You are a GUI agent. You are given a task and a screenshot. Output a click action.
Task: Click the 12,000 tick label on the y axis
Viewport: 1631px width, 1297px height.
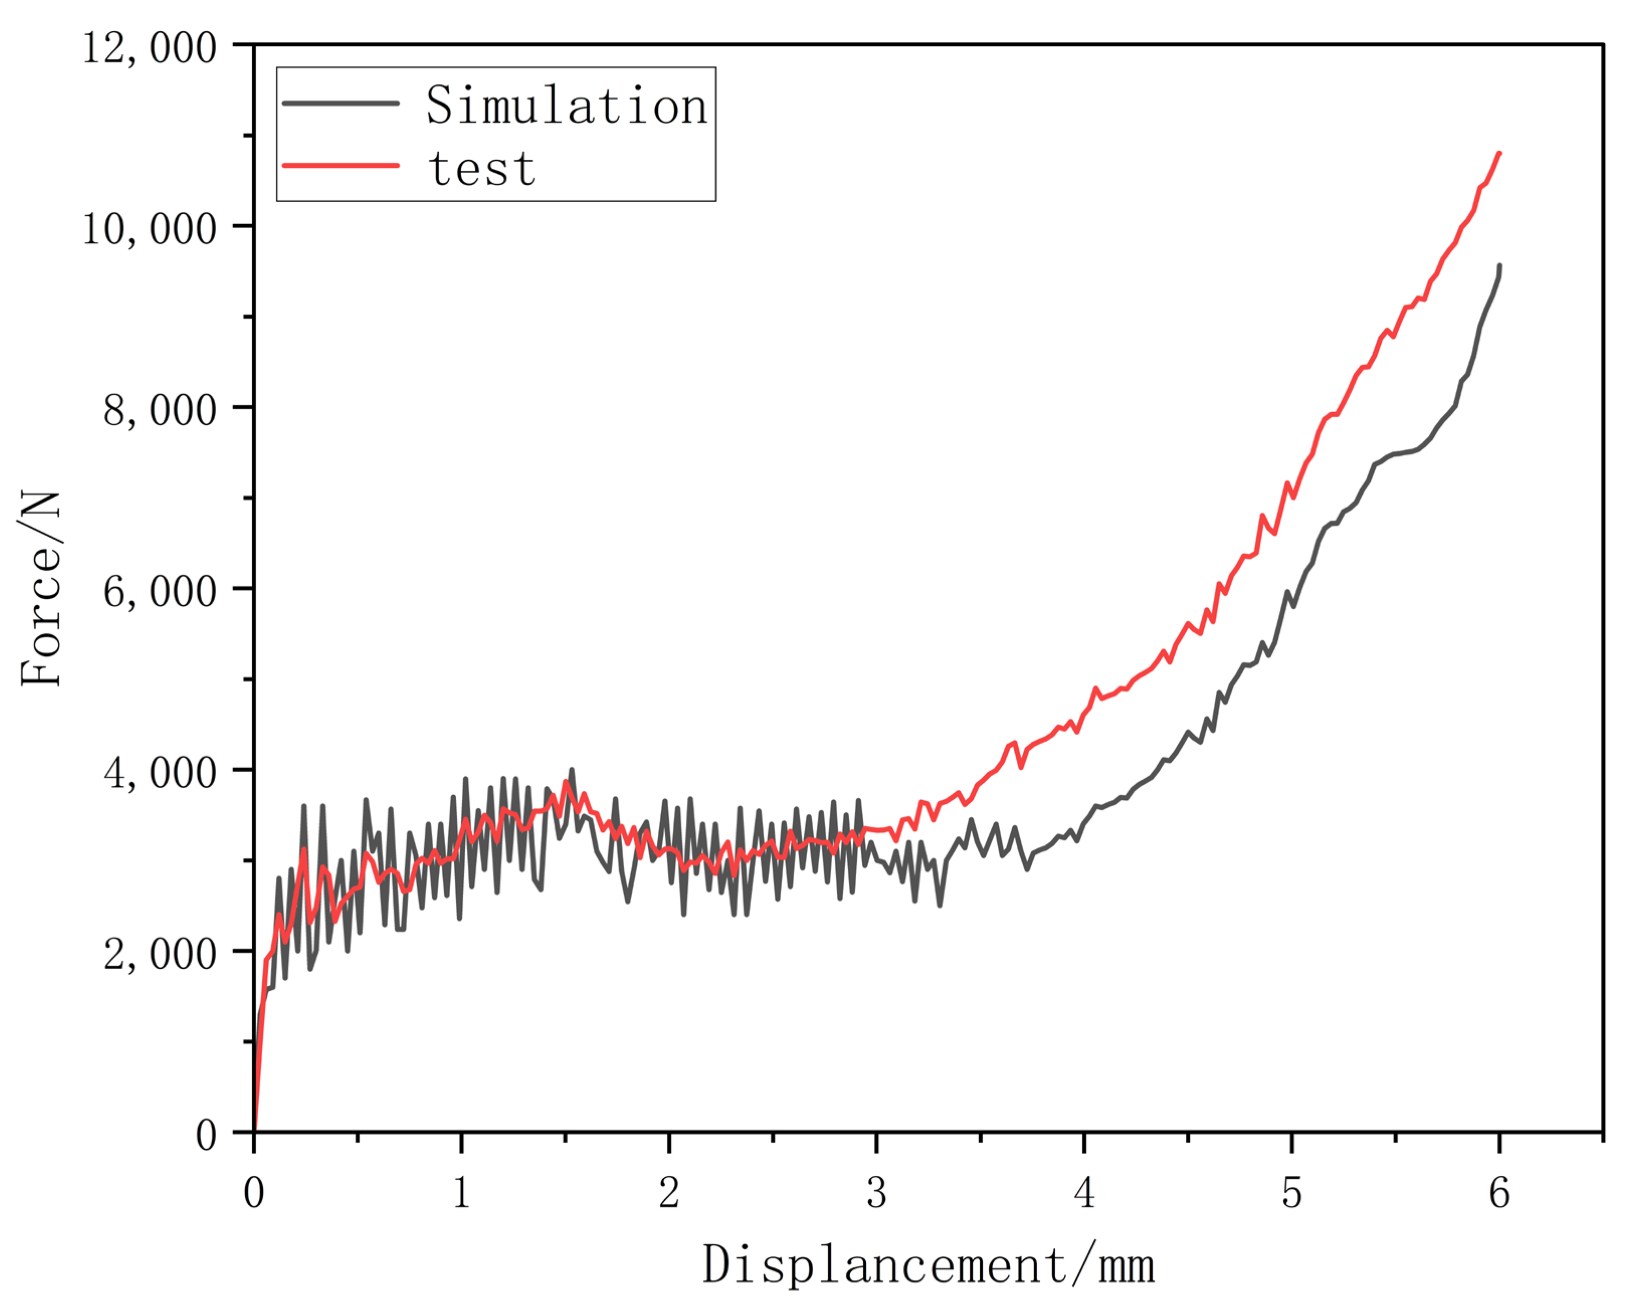(x=149, y=48)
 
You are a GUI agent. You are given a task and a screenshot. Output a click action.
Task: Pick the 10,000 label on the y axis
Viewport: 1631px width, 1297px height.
(x=149, y=229)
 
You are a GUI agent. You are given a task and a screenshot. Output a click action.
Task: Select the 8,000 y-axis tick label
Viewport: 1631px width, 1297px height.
(x=160, y=410)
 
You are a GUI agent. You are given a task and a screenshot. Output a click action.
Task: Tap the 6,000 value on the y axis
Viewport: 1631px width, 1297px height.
(x=160, y=591)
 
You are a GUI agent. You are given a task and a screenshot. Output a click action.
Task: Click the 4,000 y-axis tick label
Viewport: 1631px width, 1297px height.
(x=160, y=773)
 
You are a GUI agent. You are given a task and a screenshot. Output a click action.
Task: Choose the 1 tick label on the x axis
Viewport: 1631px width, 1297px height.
(x=461, y=1193)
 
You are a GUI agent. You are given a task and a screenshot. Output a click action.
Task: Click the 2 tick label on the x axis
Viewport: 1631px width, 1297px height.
(x=669, y=1193)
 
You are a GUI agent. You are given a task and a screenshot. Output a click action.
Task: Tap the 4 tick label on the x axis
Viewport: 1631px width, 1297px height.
(x=1084, y=1193)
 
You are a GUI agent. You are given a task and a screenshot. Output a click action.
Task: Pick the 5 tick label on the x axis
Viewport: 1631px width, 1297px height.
(x=1291, y=1193)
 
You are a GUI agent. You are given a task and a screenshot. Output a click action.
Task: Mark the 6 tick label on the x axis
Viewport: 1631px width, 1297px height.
(x=1499, y=1193)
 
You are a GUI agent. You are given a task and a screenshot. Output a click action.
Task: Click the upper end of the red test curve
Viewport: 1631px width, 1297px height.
(x=1499, y=154)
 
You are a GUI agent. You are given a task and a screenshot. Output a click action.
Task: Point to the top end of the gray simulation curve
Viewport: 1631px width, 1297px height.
(x=1499, y=265)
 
